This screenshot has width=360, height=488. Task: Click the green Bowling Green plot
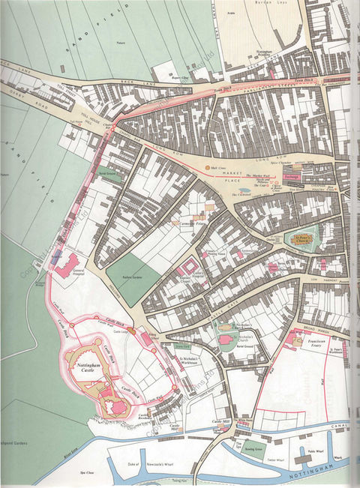tap(253, 452)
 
